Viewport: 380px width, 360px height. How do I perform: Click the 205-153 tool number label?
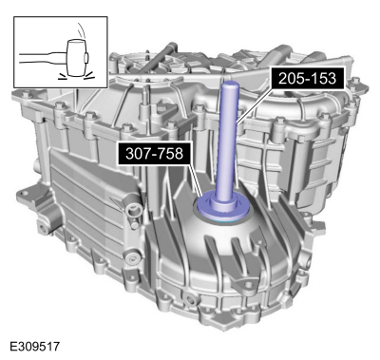click(307, 78)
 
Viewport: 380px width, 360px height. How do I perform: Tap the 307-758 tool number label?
click(155, 153)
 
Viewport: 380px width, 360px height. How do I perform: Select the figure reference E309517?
click(35, 346)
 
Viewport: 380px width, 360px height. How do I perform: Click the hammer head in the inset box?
click(76, 59)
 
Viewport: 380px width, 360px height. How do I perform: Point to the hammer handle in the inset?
click(43, 59)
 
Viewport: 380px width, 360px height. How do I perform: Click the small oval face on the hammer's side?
click(85, 58)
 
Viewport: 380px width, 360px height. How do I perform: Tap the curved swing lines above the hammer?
click(82, 30)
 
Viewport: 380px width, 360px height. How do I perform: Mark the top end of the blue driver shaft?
click(230, 84)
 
